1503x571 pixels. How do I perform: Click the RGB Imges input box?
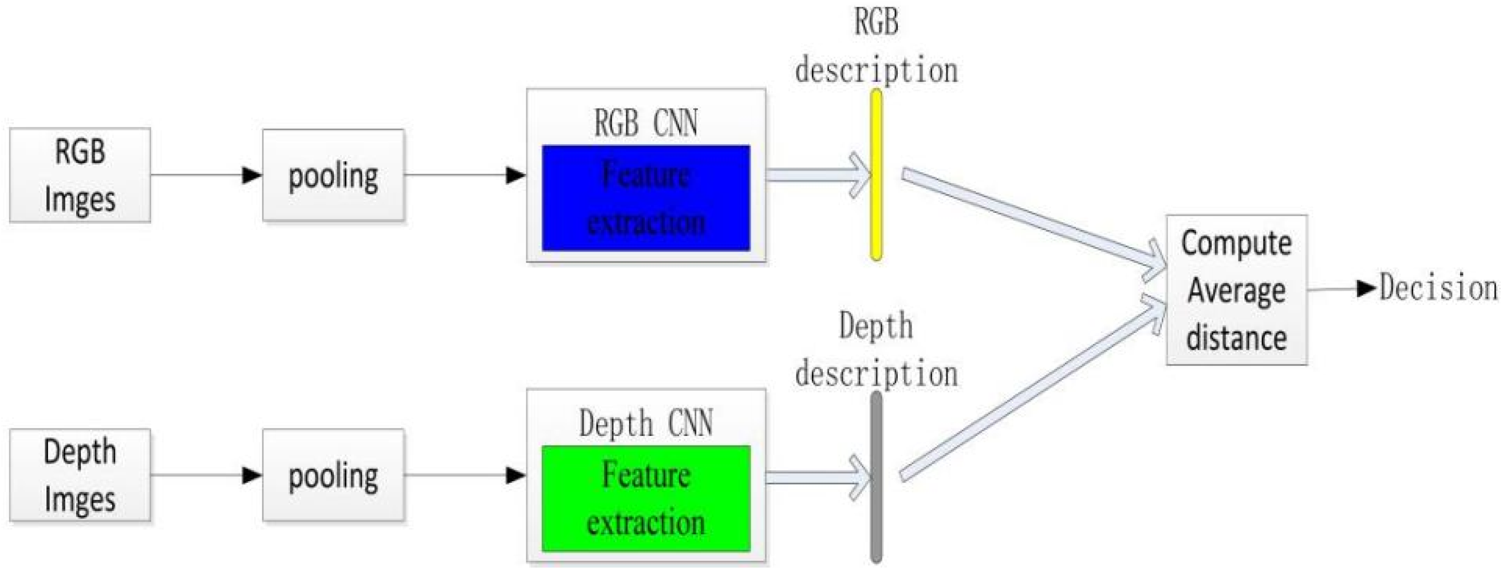[x=80, y=175]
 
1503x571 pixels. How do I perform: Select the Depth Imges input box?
[x=80, y=475]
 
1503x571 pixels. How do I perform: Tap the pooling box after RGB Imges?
[x=333, y=175]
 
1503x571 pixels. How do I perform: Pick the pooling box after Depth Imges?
[x=333, y=475]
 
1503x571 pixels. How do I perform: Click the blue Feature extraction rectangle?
[x=646, y=199]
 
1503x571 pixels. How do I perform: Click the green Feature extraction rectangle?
[x=646, y=499]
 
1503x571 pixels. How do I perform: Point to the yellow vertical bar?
[x=876, y=175]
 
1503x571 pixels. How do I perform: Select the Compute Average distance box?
[x=1236, y=290]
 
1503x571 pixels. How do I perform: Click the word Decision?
[x=1438, y=288]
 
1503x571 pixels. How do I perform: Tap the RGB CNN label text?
[x=646, y=123]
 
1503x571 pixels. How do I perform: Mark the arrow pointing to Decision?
[x=1342, y=288]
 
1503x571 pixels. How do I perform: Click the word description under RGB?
[x=877, y=70]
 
